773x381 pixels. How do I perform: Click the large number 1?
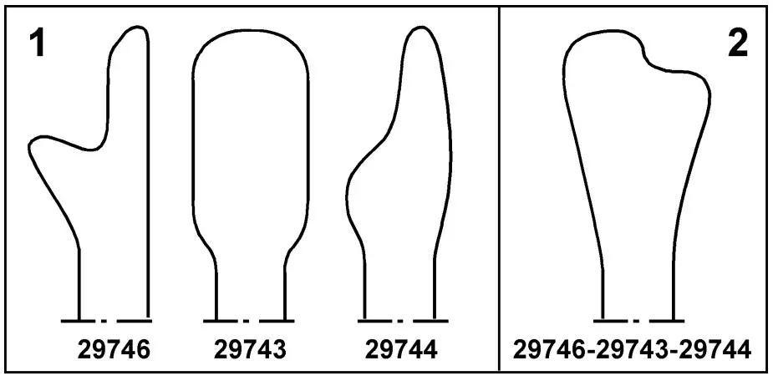tap(37, 44)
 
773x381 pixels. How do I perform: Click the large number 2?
tap(738, 44)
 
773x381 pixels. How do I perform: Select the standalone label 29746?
tap(114, 350)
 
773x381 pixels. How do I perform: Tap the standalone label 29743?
tap(250, 350)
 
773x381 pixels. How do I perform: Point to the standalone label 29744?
tap(401, 350)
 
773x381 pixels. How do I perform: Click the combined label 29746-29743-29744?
tap(633, 350)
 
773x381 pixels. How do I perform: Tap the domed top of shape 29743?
tap(251, 31)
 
